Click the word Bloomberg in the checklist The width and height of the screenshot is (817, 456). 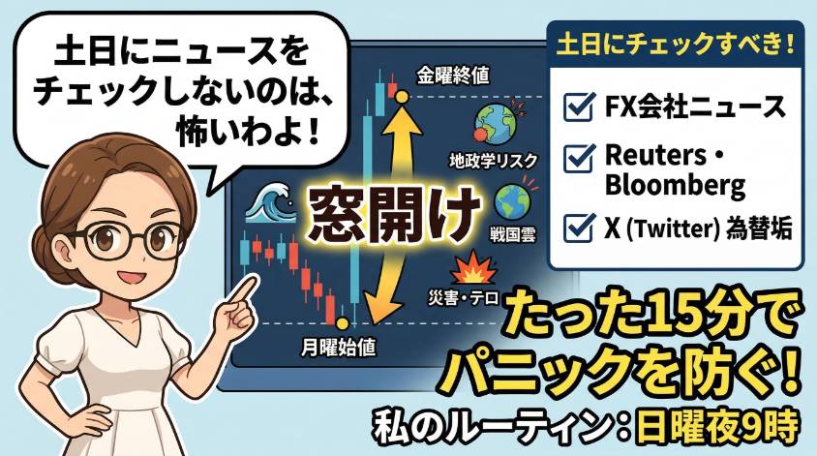click(x=676, y=184)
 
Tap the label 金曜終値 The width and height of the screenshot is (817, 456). click(x=453, y=76)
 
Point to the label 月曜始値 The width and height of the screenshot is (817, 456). click(x=338, y=347)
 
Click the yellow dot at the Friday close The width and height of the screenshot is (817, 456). click(x=401, y=97)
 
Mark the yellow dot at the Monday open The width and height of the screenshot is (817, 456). click(x=343, y=323)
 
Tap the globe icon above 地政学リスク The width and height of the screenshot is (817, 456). click(x=494, y=124)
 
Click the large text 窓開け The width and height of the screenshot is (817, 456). click(x=394, y=214)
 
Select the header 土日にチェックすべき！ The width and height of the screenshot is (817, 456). click(x=676, y=44)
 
